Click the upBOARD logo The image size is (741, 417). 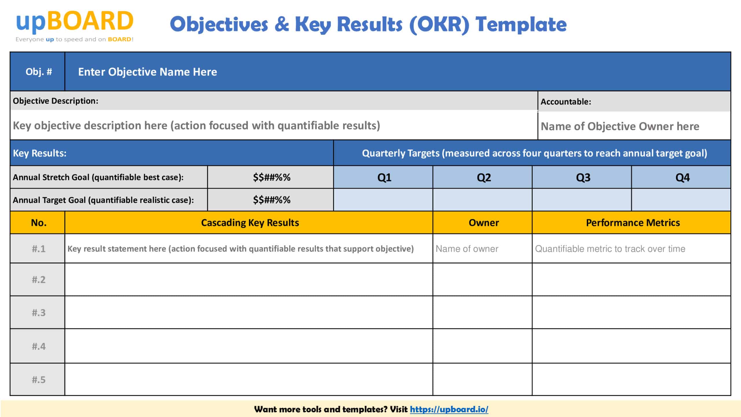pos(75,25)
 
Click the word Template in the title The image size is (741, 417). pos(521,24)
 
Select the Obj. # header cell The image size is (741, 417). pos(38,72)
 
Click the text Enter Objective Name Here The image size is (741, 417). pos(147,72)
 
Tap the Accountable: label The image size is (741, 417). pos(566,102)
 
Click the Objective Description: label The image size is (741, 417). pos(56,101)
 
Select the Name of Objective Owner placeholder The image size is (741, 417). pos(620,126)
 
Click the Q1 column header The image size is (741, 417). pos(384,177)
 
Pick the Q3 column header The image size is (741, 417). pos(583,177)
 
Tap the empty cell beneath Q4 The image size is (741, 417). pos(681,200)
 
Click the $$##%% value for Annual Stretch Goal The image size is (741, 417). pos(272,177)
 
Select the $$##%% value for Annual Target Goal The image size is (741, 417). pos(272,200)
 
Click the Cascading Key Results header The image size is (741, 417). pos(250,222)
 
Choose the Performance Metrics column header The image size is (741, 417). pos(633,222)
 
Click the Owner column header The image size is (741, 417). pos(483,222)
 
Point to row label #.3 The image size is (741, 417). pos(38,312)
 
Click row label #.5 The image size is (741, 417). pos(38,379)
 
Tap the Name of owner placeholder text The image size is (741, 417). pos(467,249)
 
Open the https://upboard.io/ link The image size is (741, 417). pos(449,409)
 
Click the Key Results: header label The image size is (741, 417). pos(40,153)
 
